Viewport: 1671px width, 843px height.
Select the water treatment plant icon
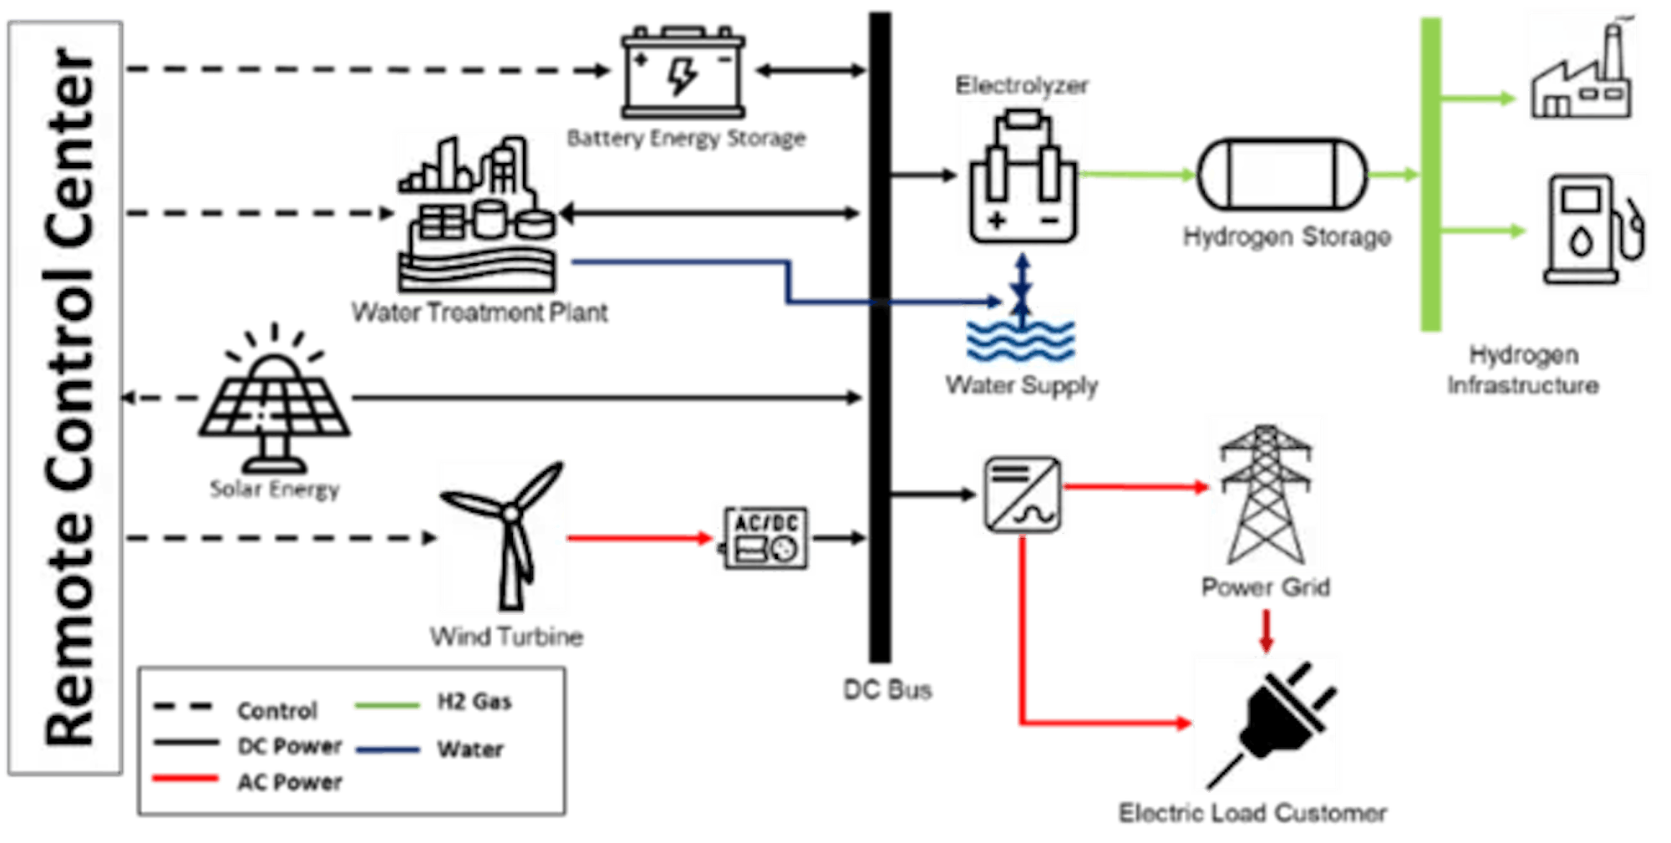tap(477, 212)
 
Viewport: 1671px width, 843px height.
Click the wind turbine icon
tap(503, 537)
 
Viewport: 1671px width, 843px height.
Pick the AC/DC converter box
tap(764, 538)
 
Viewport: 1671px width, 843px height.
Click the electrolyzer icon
tap(1022, 175)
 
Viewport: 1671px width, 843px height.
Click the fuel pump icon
tap(1593, 231)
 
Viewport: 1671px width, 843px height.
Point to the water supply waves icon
tap(1020, 338)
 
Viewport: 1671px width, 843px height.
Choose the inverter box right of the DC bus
tap(1022, 493)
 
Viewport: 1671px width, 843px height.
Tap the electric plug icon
tap(1267, 724)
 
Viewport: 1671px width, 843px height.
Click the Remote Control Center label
tap(66, 398)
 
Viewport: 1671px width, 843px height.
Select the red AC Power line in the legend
tap(185, 779)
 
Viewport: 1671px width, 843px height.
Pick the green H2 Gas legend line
tap(387, 706)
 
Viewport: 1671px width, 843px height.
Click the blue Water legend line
tap(387, 750)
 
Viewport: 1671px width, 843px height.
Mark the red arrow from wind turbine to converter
tap(640, 538)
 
